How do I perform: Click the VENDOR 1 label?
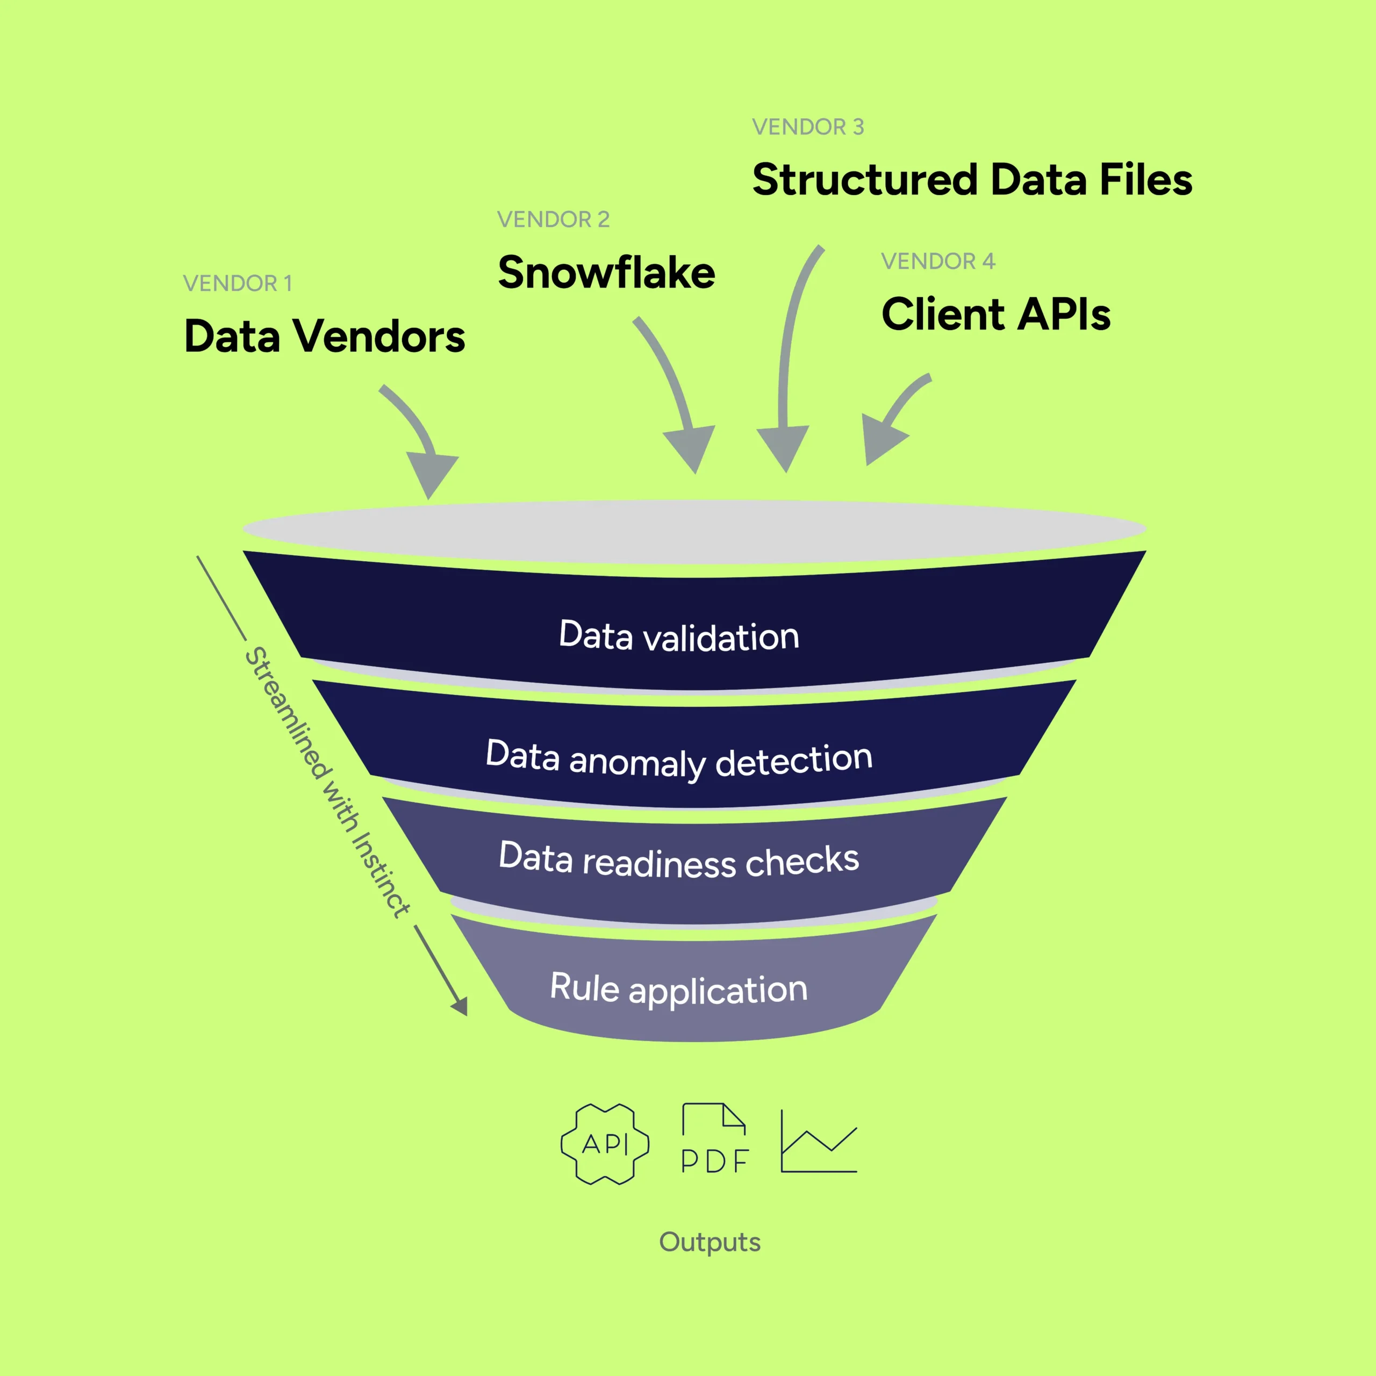point(237,283)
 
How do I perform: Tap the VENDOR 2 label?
point(553,219)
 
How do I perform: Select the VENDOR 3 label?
point(808,127)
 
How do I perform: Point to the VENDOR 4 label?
point(937,261)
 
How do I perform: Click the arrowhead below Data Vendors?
point(431,474)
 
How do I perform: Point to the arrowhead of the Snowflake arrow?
point(691,447)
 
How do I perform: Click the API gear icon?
point(605,1144)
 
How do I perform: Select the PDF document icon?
point(714,1139)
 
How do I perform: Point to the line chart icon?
point(818,1141)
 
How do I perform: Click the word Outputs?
point(709,1242)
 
